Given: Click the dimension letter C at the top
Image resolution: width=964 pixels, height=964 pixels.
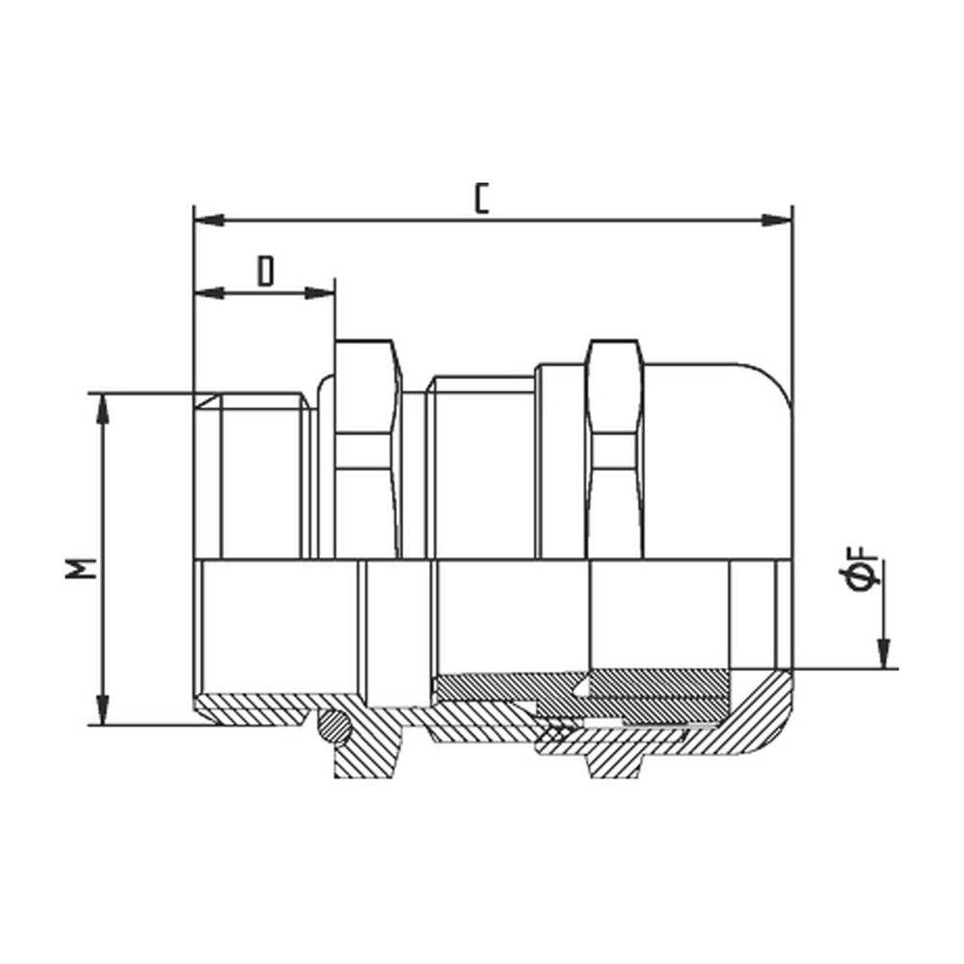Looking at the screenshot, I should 483,198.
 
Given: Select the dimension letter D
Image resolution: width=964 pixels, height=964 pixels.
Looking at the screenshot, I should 266,272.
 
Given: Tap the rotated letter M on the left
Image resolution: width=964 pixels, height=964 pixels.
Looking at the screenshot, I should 86,568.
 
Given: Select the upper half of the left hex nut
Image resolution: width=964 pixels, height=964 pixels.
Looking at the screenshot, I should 366,448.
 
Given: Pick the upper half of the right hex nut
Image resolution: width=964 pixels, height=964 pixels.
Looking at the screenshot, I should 614,448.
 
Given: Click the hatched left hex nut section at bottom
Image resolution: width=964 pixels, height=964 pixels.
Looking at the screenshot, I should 366,752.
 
